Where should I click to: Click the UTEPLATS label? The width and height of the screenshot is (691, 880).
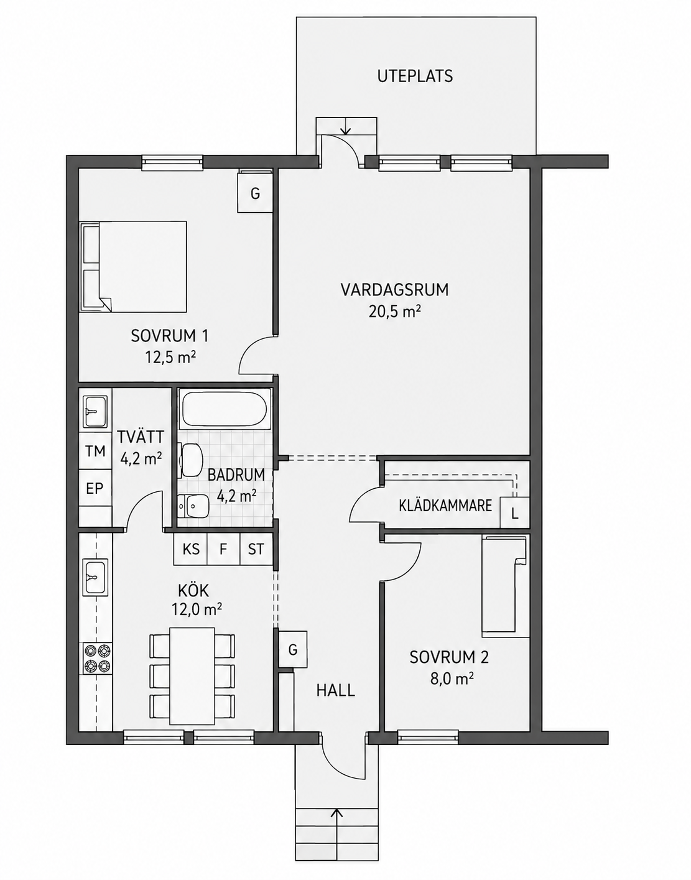click(415, 76)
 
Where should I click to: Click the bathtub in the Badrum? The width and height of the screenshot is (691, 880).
click(223, 409)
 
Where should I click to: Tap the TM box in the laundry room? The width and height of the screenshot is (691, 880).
click(95, 451)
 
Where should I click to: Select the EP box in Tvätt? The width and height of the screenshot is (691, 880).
click(95, 488)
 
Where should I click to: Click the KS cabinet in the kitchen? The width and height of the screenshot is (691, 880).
click(191, 549)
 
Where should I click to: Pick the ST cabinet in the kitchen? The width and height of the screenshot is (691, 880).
click(256, 549)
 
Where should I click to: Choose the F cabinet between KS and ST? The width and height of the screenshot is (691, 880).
click(223, 549)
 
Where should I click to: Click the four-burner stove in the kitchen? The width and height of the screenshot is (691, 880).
click(97, 658)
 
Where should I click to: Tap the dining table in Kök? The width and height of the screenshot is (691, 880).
click(192, 676)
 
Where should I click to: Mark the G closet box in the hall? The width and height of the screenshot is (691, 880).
click(293, 650)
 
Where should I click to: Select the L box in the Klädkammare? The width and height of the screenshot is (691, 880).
click(515, 514)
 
